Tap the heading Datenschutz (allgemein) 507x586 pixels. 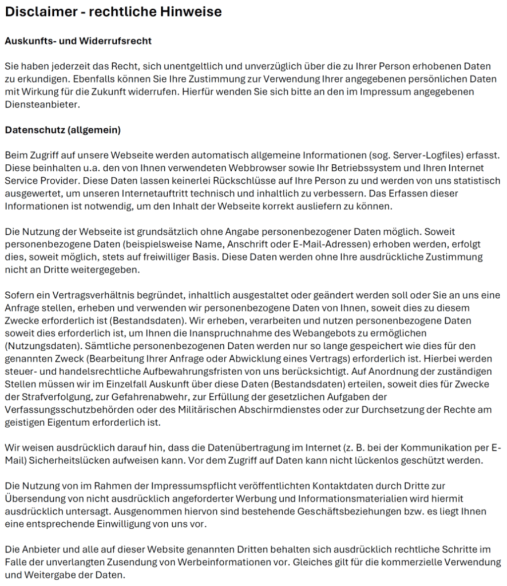62,130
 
